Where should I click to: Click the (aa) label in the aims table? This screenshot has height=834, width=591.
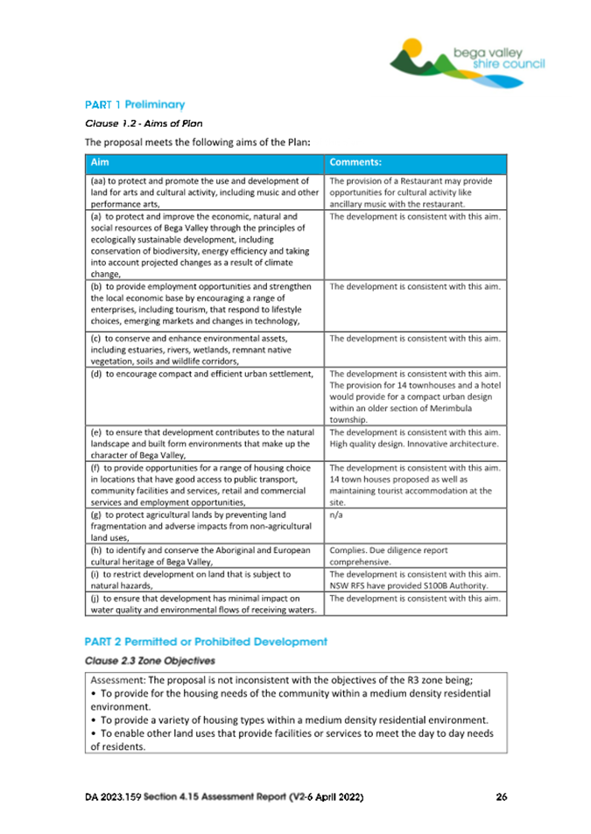pyautogui.click(x=96, y=181)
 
